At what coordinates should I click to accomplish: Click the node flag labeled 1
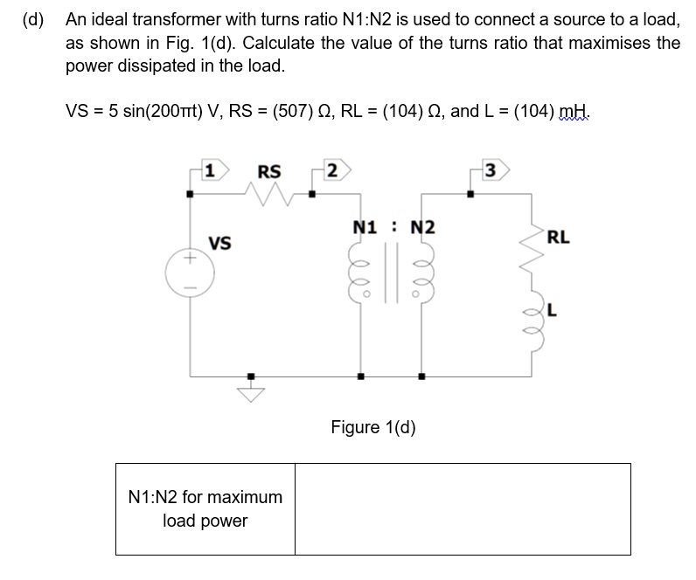pyautogui.click(x=212, y=168)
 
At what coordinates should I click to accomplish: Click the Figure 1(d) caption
pyautogui.click(x=372, y=427)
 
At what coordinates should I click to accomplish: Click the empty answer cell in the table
pyautogui.click(x=462, y=508)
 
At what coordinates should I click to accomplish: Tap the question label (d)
pyautogui.click(x=34, y=18)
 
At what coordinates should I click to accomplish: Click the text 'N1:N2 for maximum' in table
pyautogui.click(x=205, y=497)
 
